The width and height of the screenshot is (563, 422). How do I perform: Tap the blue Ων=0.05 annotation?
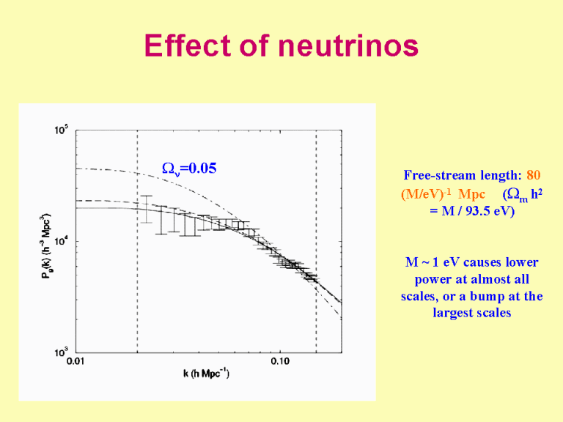(x=188, y=168)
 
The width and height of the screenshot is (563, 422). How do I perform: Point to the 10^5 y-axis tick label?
(x=60, y=131)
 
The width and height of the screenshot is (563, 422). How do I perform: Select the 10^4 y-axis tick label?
(x=60, y=243)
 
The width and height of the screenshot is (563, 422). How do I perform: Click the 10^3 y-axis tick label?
(x=60, y=353)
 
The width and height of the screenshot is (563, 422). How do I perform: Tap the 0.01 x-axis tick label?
(x=76, y=361)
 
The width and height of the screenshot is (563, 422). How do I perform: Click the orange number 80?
(x=534, y=176)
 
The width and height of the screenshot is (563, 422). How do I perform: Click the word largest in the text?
(x=455, y=313)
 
